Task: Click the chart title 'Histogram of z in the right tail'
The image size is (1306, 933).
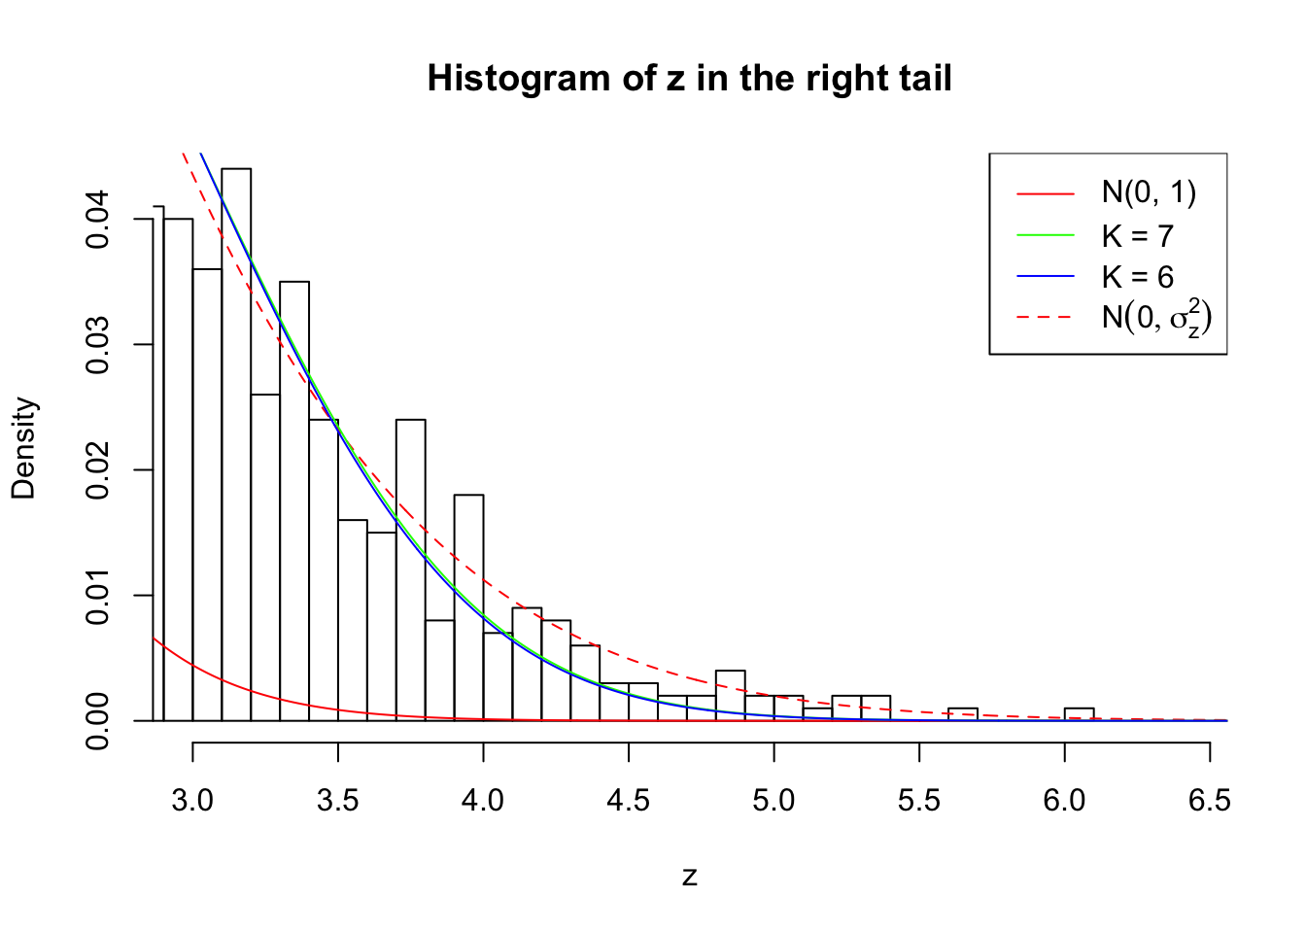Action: pyautogui.click(x=689, y=79)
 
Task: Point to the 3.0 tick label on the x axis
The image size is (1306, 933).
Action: pyautogui.click(x=192, y=801)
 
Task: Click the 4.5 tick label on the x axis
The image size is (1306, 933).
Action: pyautogui.click(x=629, y=801)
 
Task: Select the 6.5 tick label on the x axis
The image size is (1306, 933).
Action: pyautogui.click(x=1210, y=801)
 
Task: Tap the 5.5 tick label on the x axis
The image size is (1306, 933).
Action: pyautogui.click(x=919, y=801)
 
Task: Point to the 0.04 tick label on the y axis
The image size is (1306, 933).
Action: pyautogui.click(x=98, y=220)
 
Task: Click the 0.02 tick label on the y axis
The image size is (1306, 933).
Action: pyautogui.click(x=98, y=470)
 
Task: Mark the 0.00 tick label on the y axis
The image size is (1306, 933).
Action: pyautogui.click(x=98, y=721)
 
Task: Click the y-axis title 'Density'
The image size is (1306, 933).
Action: pyautogui.click(x=24, y=448)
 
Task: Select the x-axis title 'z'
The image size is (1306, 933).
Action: pyautogui.click(x=689, y=877)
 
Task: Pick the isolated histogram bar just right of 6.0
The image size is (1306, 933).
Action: pyautogui.click(x=1079, y=714)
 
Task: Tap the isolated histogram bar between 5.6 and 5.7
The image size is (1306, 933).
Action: pyautogui.click(x=963, y=714)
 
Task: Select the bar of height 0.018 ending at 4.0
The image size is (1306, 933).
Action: pyautogui.click(x=469, y=607)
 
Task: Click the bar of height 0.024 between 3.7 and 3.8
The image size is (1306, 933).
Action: pyautogui.click(x=411, y=569)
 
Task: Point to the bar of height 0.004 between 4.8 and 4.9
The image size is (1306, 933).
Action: pyautogui.click(x=731, y=696)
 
